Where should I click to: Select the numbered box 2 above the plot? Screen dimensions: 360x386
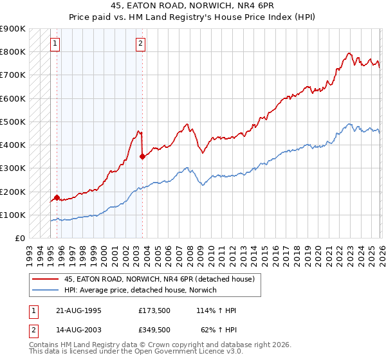coord(140,44)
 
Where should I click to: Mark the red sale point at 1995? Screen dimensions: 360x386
coord(57,198)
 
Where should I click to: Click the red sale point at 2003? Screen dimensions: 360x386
coord(142,156)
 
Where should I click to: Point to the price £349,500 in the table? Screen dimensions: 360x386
coord(154,329)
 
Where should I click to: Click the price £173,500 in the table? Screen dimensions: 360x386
coord(154,310)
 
